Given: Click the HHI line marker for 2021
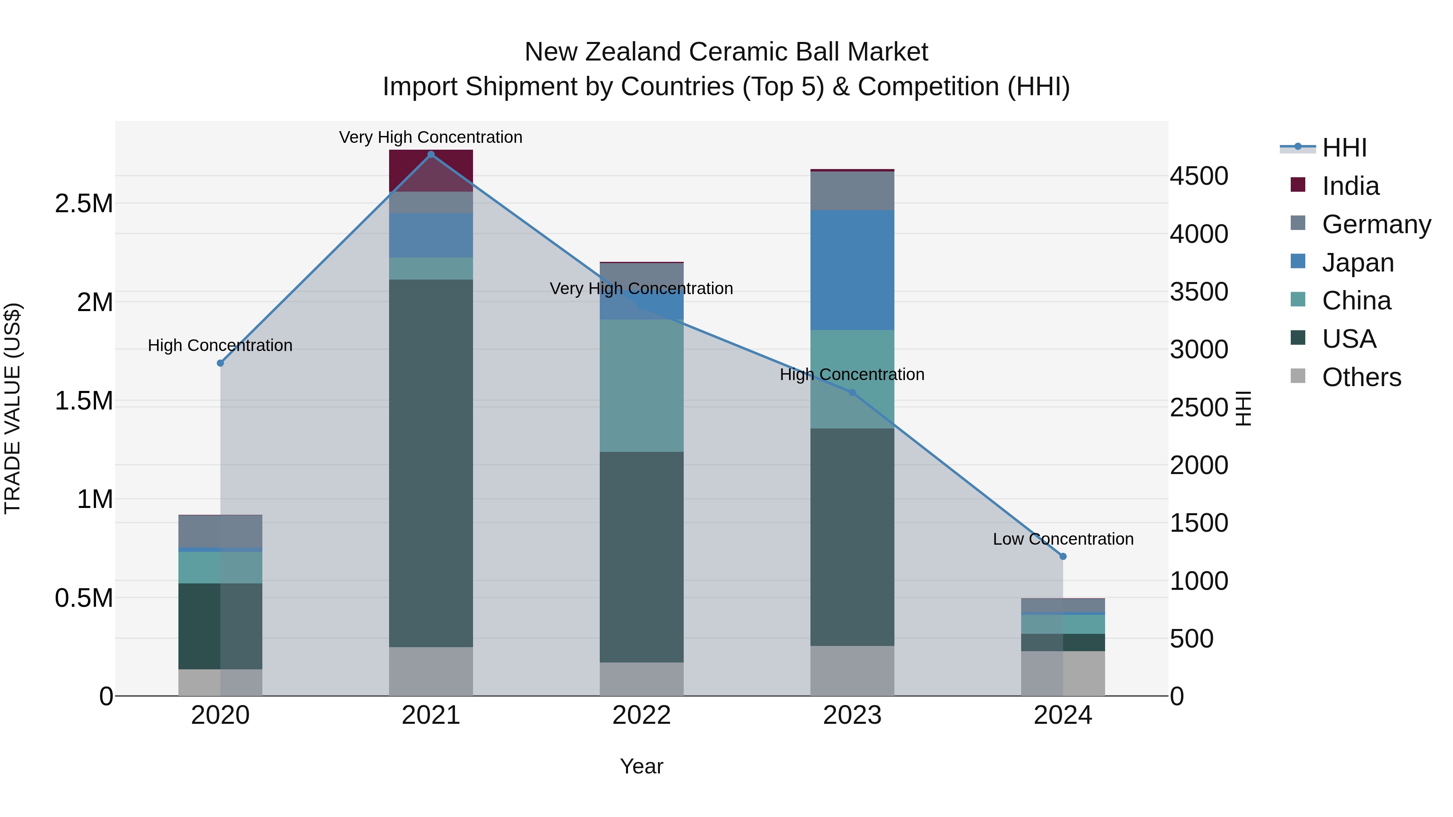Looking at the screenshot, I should pos(431,154).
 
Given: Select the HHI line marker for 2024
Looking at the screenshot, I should pos(1063,556).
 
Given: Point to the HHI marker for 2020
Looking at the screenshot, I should pos(220,363).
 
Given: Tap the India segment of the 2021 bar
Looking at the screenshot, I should pos(431,170).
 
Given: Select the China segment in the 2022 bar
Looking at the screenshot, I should pos(641,385).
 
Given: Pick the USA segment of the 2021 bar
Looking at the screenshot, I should pos(431,462).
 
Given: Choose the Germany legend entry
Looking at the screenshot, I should pos(1376,224).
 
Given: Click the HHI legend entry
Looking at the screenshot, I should pos(1344,148).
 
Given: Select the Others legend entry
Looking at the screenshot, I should pos(1361,377).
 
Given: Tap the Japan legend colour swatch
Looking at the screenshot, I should pos(1297,261).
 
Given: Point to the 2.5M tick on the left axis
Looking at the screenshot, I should pos(84,204).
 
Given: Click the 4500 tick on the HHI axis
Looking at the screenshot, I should pos(1199,176).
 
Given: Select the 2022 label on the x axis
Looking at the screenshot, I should pos(641,715).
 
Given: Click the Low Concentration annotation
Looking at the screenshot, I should pos(1063,539).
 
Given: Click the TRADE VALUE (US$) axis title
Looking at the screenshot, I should pos(13,408).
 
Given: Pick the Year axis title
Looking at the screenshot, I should pos(641,766).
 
